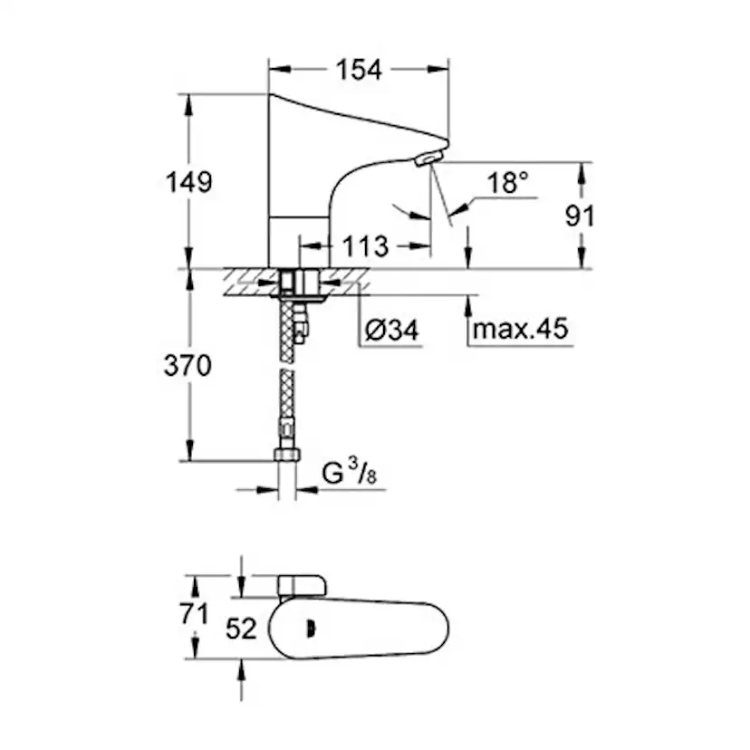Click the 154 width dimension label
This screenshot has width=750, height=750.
360,70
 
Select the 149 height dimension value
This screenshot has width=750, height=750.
190,181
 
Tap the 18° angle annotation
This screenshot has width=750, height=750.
506,183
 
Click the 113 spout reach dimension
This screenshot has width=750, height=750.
365,245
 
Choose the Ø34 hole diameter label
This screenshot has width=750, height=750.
392,331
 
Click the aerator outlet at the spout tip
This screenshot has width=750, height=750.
425,160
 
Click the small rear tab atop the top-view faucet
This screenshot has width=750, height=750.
300,585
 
